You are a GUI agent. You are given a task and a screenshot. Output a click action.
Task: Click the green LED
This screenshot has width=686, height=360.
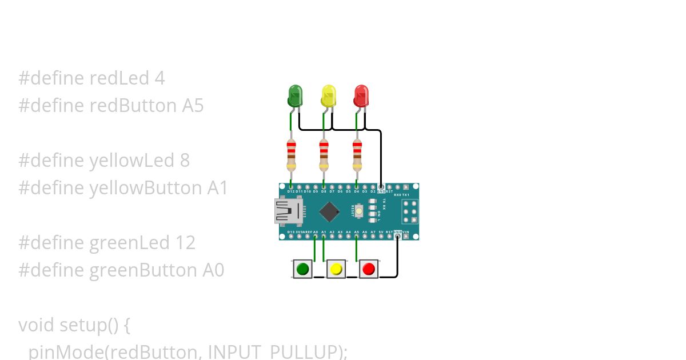(295, 95)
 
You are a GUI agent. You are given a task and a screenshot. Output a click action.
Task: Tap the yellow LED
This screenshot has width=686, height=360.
(328, 95)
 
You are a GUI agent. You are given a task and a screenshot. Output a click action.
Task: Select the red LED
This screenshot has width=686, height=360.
(361, 95)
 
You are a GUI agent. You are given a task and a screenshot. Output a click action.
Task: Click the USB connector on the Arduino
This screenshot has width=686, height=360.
(288, 211)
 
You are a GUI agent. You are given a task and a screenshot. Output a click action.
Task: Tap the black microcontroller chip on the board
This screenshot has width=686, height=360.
(329, 211)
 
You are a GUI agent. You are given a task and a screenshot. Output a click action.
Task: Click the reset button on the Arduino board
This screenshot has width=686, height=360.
(359, 211)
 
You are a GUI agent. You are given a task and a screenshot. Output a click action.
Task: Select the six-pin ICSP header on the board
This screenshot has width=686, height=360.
(409, 211)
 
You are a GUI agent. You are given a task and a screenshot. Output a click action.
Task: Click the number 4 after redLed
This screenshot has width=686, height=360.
(159, 78)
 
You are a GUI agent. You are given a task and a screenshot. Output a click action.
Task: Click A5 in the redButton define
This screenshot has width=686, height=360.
(192, 106)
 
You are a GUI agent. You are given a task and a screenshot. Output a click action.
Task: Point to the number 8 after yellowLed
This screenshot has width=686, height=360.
(185, 161)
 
